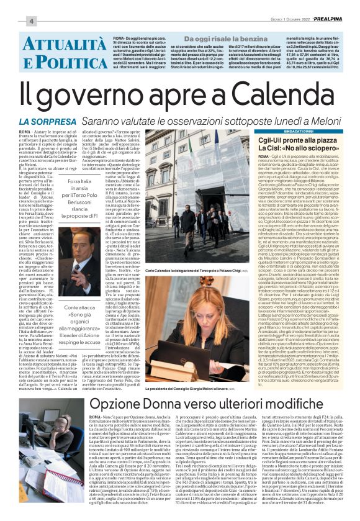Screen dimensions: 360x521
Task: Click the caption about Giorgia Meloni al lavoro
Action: click(186, 387)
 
